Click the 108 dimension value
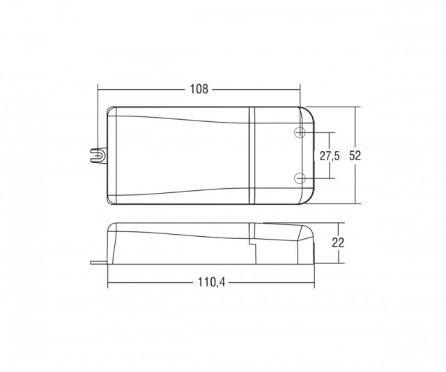pyautogui.click(x=199, y=89)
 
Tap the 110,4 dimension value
pyautogui.click(x=211, y=282)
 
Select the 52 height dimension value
pyautogui.click(x=355, y=155)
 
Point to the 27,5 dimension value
pyautogui.click(x=330, y=156)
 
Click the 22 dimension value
pyautogui.click(x=338, y=242)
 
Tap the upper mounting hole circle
pyautogui.click(x=300, y=132)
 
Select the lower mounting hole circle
pyautogui.click(x=300, y=178)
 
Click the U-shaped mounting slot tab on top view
pyautogui.click(x=98, y=155)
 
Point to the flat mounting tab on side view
pyautogui.click(x=99, y=263)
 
